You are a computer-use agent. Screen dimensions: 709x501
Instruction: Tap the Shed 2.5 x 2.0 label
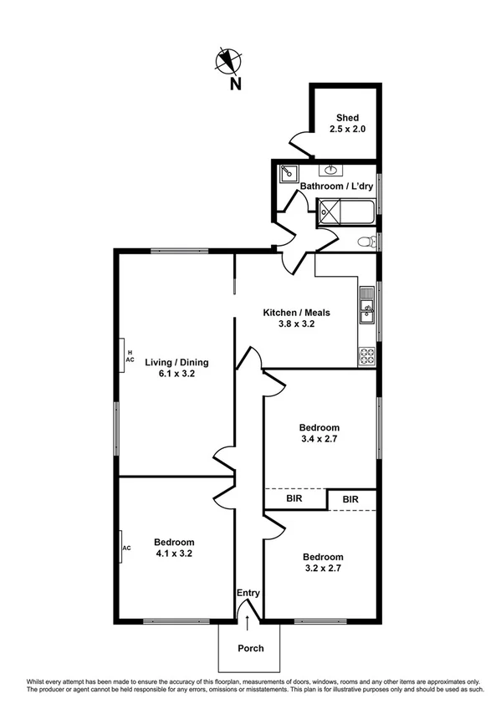click(x=347, y=125)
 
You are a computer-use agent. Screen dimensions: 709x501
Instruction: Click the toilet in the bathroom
click(x=366, y=242)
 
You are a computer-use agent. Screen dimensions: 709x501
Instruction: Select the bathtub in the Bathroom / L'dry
click(x=346, y=212)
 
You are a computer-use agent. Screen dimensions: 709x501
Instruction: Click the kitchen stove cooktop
click(x=366, y=355)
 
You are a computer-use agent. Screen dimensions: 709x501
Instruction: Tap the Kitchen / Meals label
click(x=296, y=319)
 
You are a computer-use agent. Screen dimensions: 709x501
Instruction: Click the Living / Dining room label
click(x=176, y=368)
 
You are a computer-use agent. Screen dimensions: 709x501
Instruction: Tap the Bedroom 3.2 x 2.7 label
click(x=322, y=563)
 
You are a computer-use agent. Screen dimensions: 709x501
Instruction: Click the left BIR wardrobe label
click(x=294, y=499)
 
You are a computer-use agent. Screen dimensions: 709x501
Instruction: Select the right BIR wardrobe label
click(x=350, y=500)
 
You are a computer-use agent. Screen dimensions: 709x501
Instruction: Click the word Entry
click(x=248, y=593)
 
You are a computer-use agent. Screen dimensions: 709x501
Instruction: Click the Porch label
click(x=251, y=648)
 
